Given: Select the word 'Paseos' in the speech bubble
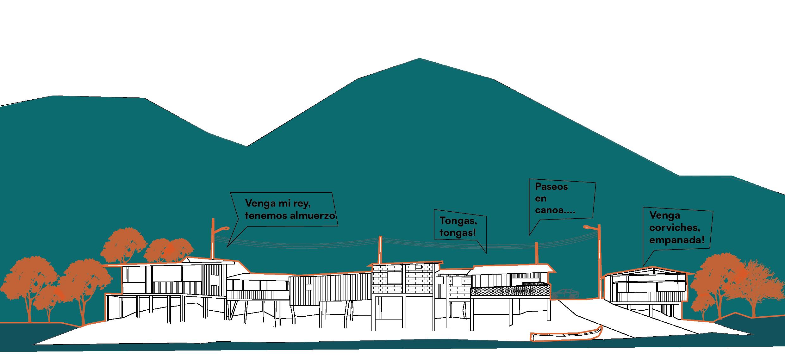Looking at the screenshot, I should (x=551, y=187).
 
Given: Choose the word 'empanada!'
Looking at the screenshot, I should (x=677, y=240).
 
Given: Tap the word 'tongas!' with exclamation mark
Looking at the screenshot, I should (x=458, y=233).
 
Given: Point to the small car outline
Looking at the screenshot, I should (x=565, y=293).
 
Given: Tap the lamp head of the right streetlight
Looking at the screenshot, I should (x=587, y=227).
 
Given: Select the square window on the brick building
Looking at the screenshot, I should (x=394, y=277).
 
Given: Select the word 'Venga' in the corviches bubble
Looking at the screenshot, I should (x=660, y=216).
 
